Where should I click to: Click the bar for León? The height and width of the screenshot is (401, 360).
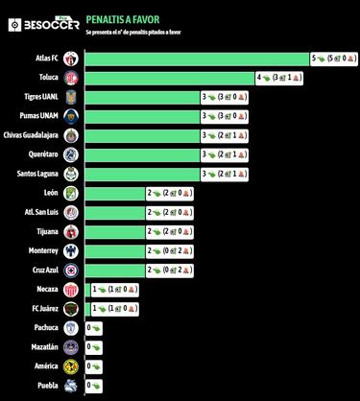[x=114, y=193]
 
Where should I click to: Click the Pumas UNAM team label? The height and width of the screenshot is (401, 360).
[x=44, y=116]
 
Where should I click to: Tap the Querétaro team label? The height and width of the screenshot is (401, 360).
[x=46, y=154]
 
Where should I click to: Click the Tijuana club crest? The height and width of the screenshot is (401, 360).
[x=70, y=231]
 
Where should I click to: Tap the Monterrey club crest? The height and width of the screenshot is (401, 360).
[x=70, y=250]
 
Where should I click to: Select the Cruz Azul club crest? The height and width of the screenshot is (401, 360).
[x=70, y=270]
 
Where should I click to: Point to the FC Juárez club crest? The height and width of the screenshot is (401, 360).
[x=70, y=308]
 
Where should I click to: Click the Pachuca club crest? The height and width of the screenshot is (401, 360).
[x=70, y=327]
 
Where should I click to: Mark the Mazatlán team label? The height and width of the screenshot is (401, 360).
[x=46, y=346]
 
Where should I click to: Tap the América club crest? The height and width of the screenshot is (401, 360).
[x=70, y=366]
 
